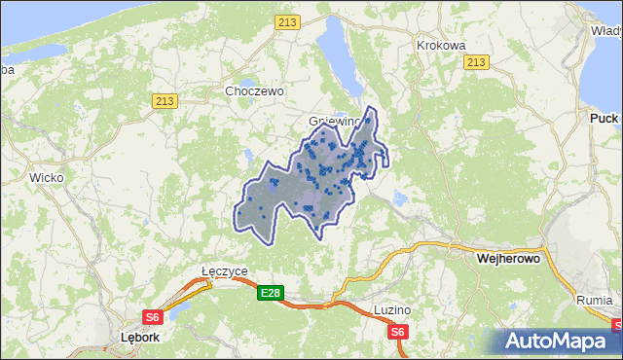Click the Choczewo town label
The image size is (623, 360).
pyautogui.click(x=253, y=90)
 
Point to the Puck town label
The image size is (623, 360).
pyautogui.click(x=604, y=118)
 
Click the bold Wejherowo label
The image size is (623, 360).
pyautogui.click(x=508, y=260)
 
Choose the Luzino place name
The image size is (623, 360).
pyautogui.click(x=392, y=309)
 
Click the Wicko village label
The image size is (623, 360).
pyautogui.click(x=46, y=178)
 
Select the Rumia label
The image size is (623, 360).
pyautogui.click(x=594, y=300)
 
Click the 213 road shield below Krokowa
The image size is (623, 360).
pyautogui.click(x=475, y=62)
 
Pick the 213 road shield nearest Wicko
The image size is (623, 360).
pyautogui.click(x=165, y=100)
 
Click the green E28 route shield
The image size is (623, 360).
pyautogui.click(x=271, y=292)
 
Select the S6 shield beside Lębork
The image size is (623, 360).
pyautogui.click(x=153, y=317)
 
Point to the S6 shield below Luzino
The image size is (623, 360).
pyautogui.click(x=397, y=333)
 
